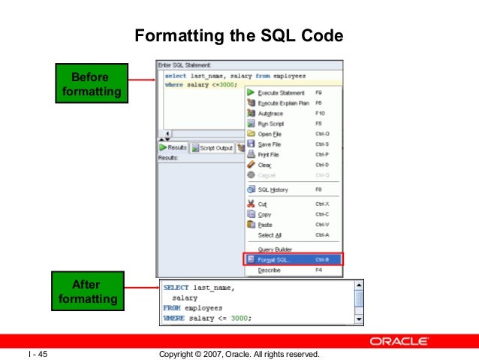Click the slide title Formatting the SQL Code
pos(238,35)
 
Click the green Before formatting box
pos(89,85)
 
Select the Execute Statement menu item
pos(281,92)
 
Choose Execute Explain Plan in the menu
pos(283,102)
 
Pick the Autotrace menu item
pos(271,113)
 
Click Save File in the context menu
pos(270,144)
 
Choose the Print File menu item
pos(270,154)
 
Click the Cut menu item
pos(263,204)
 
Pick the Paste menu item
pos(265,225)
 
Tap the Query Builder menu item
pos(275,249)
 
